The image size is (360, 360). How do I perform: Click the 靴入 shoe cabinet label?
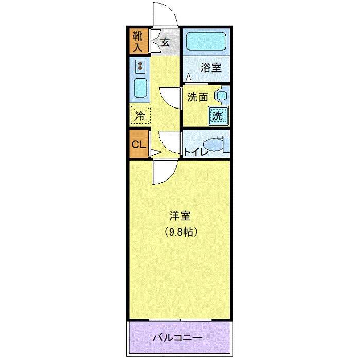click(x=138, y=41)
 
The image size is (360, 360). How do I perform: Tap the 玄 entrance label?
click(x=165, y=42)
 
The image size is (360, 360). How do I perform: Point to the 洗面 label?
click(x=197, y=97)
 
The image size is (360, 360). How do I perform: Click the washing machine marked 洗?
click(x=218, y=116)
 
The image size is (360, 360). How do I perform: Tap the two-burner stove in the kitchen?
click(x=139, y=66)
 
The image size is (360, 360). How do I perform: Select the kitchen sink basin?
click(x=140, y=88)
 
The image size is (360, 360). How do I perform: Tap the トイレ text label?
click(x=196, y=152)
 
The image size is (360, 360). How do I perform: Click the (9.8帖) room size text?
click(x=179, y=232)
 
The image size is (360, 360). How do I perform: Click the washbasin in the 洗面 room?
click(x=221, y=96)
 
